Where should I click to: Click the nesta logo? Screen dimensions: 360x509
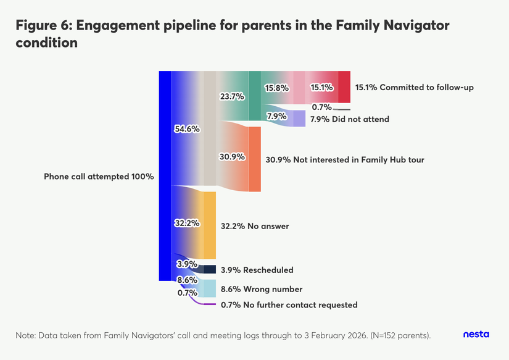[476, 334]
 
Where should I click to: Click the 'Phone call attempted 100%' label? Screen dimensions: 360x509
[99, 177]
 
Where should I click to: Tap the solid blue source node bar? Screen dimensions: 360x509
[164, 176]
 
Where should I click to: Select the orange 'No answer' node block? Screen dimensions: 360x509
[210, 225]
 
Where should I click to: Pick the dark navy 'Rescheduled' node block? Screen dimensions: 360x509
[210, 269]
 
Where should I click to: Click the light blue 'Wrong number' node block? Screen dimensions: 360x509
[210, 288]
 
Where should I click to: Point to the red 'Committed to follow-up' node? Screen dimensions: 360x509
[344, 87]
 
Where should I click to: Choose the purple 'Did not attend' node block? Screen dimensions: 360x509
[299, 118]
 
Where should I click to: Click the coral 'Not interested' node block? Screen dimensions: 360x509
[255, 159]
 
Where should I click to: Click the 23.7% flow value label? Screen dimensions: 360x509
[232, 96]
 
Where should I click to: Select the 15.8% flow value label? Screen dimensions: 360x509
[276, 88]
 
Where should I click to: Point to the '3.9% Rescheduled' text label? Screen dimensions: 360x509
[257, 270]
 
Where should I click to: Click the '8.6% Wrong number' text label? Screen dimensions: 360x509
[262, 289]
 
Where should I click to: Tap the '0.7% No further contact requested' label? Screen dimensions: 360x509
[289, 305]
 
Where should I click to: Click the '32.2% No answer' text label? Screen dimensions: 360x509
[255, 226]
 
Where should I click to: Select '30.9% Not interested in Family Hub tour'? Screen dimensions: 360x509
[345, 160]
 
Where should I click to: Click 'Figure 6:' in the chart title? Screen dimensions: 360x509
[43, 26]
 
